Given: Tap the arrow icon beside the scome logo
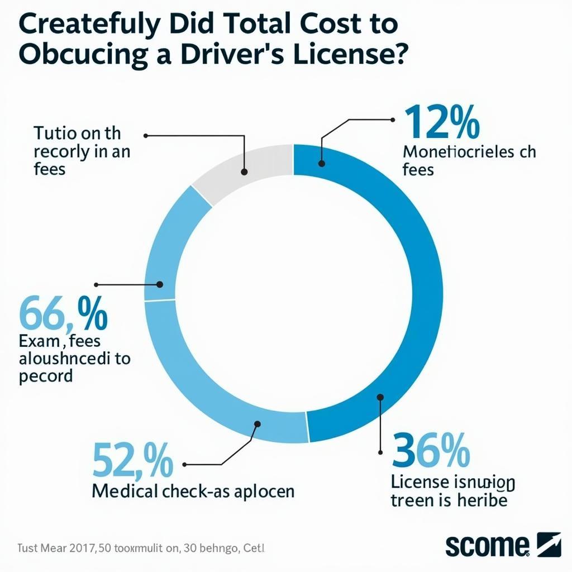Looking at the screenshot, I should pyautogui.click(x=549, y=544).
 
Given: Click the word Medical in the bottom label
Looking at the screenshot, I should pyautogui.click(x=125, y=491).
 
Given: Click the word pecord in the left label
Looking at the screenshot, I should pyautogui.click(x=46, y=375).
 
